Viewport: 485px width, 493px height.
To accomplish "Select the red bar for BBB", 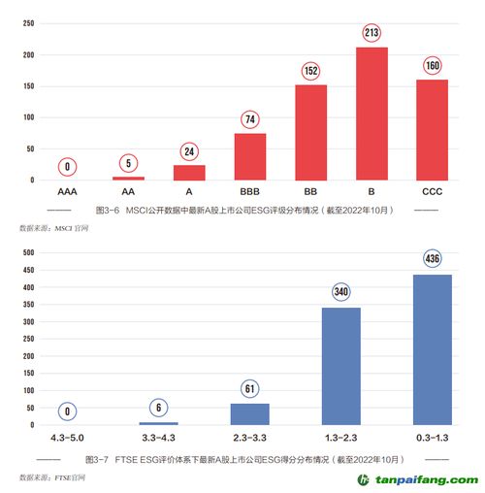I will tap(250, 156).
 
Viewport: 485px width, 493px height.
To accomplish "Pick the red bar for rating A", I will tap(189, 172).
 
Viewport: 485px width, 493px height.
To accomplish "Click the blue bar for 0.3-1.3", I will tap(433, 349).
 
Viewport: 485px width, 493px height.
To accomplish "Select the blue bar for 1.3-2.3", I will tap(340, 366).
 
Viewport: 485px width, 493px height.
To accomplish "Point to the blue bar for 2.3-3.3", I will tap(250, 413).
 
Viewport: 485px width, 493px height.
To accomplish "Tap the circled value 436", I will tap(433, 259).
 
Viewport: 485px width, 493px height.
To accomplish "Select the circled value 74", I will tap(250, 120).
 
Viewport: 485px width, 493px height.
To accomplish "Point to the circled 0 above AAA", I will tap(68, 167).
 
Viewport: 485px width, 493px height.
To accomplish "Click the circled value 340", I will tap(340, 292).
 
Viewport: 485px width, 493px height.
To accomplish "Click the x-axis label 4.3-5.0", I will tap(68, 439).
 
